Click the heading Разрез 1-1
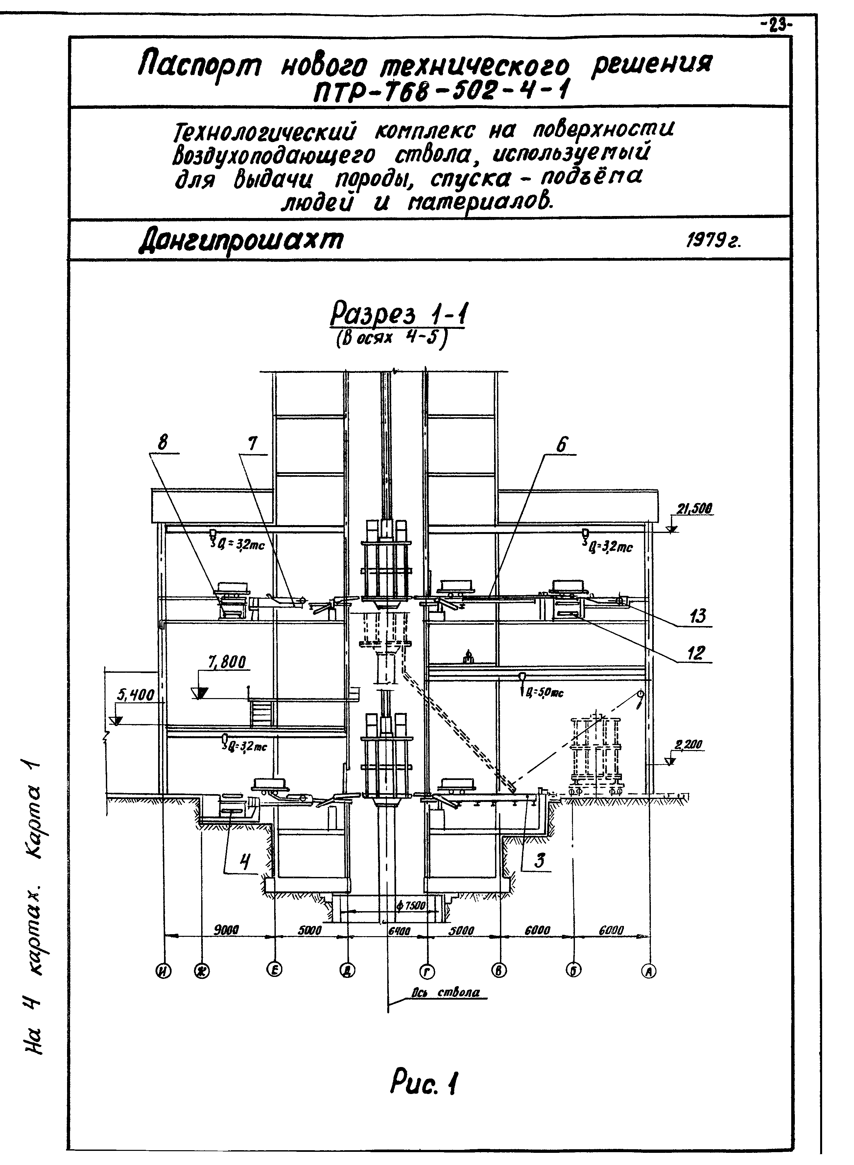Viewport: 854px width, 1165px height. click(x=397, y=316)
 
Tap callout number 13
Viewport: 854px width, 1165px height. click(x=697, y=617)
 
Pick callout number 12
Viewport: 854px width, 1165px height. click(x=696, y=653)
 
